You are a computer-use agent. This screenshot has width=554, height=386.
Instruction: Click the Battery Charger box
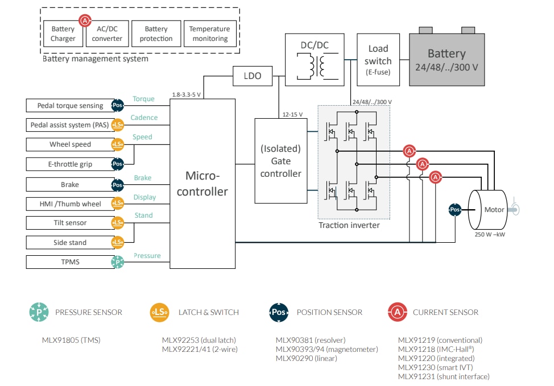click(x=63, y=34)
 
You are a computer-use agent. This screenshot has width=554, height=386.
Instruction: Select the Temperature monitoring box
click(x=209, y=34)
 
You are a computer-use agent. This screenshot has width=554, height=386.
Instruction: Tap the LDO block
click(x=252, y=75)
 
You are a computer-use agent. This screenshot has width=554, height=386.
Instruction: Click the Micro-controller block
click(x=202, y=184)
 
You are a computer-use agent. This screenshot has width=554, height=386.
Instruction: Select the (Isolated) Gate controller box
click(x=280, y=161)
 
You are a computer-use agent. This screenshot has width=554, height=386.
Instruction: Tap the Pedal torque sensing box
click(x=70, y=106)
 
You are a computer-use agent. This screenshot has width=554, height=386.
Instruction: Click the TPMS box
click(x=70, y=262)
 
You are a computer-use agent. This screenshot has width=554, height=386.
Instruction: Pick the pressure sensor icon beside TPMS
click(x=118, y=262)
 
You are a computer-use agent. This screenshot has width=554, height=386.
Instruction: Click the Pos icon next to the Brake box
click(x=118, y=185)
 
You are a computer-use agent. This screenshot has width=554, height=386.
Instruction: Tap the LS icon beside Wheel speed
click(x=118, y=144)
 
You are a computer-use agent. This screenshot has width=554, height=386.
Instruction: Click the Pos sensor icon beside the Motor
click(x=455, y=210)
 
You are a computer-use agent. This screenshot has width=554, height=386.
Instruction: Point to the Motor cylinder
click(x=490, y=209)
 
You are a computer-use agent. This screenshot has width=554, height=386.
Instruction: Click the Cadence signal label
click(x=144, y=118)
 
